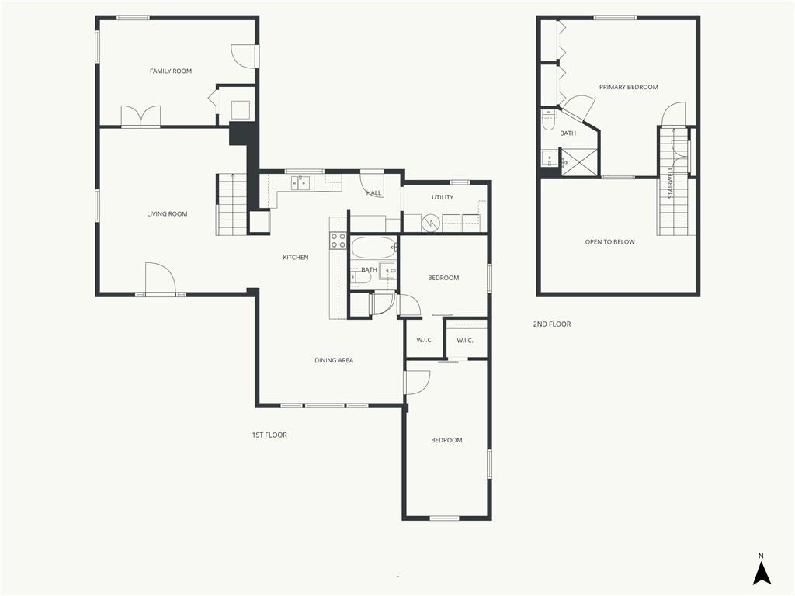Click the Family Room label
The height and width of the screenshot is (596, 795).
[x=170, y=71]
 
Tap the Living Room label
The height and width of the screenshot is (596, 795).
[x=167, y=214]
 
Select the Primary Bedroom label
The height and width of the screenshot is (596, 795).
[x=629, y=87]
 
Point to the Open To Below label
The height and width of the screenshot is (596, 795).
[x=609, y=242]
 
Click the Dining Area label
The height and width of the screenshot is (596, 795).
[x=334, y=360]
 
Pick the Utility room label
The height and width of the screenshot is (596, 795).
[x=443, y=197]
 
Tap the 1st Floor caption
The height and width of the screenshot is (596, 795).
[x=269, y=435]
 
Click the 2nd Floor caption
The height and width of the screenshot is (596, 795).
[x=552, y=324]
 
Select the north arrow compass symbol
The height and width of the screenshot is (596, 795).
[x=761, y=569]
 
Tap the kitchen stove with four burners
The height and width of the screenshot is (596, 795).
[x=338, y=241]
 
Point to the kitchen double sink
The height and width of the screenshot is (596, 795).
[x=300, y=182]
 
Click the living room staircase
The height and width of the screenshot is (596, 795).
[x=232, y=205]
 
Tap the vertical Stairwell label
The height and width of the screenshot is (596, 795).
[x=671, y=182]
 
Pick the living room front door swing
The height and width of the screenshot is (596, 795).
[x=160, y=278]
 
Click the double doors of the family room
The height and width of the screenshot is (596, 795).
[x=141, y=116]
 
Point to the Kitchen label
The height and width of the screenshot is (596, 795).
[x=296, y=258]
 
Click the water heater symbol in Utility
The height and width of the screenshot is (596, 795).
[x=432, y=223]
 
